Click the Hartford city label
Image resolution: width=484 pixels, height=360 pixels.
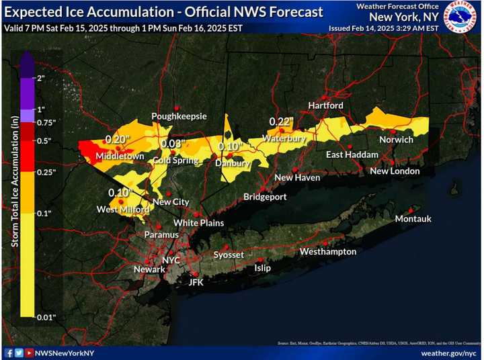point(326,105)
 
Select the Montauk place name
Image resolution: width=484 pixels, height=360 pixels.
point(413,219)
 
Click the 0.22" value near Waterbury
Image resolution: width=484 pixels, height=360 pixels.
point(282,122)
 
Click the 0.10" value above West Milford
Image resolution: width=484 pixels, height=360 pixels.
point(121,193)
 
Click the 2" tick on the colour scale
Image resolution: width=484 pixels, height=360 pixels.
point(41,79)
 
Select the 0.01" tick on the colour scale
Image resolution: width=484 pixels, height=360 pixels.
point(46,316)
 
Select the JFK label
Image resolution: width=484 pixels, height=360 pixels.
point(196,282)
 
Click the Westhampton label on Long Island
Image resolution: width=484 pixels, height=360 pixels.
point(328,251)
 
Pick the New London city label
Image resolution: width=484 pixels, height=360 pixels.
point(395,171)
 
